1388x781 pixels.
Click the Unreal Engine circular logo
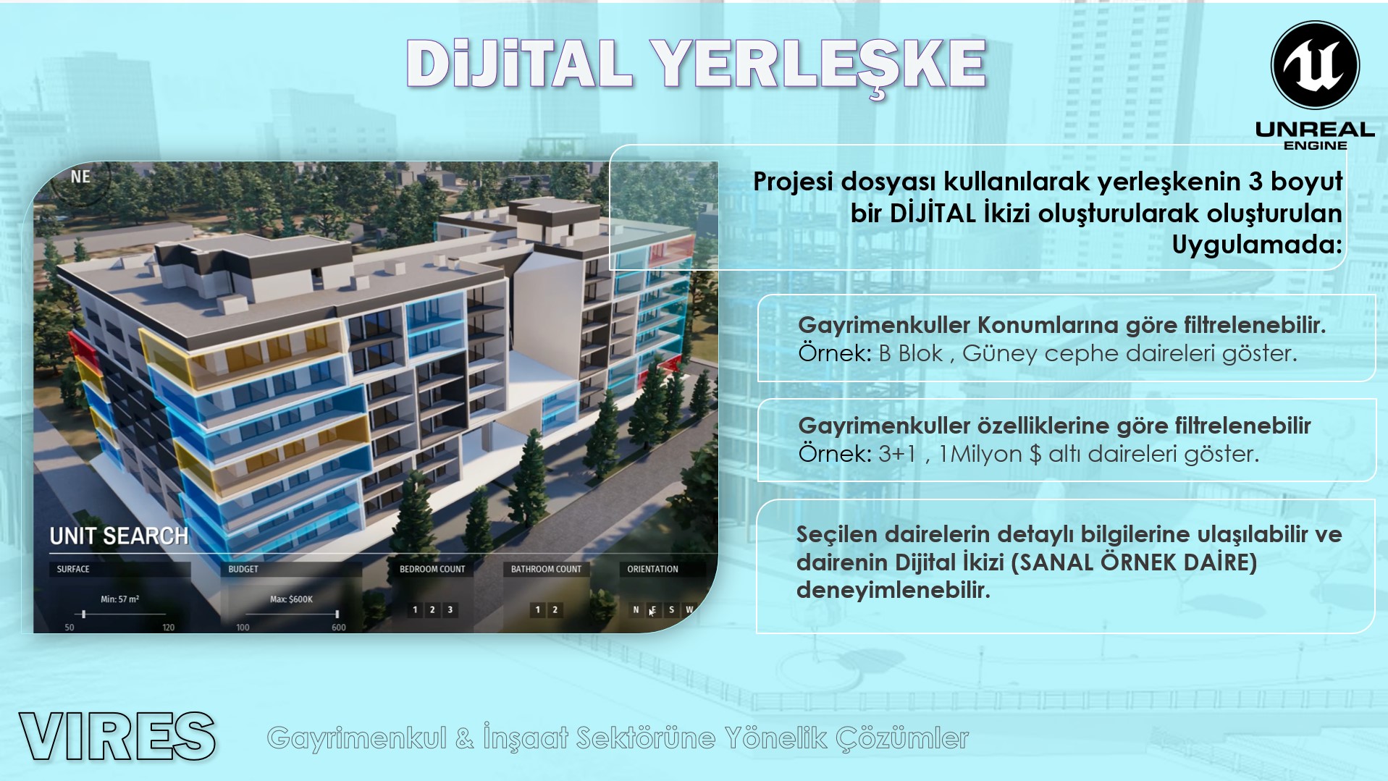pyautogui.click(x=1315, y=64)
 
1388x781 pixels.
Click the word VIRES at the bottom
pyautogui.click(x=117, y=736)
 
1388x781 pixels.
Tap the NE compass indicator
pyautogui.click(x=81, y=177)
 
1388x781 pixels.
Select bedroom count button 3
pyautogui.click(x=450, y=609)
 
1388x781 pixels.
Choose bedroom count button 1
pyautogui.click(x=415, y=609)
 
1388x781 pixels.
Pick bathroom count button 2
pyautogui.click(x=555, y=609)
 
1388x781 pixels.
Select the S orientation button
pyautogui.click(x=671, y=609)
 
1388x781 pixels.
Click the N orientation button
pyautogui.click(x=636, y=609)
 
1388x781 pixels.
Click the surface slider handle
pyautogui.click(x=85, y=615)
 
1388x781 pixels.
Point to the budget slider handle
pyautogui.click(x=337, y=615)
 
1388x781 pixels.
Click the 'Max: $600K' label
pyautogui.click(x=291, y=599)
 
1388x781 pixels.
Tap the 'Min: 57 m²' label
pyautogui.click(x=120, y=599)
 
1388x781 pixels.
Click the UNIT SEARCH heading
pyautogui.click(x=119, y=536)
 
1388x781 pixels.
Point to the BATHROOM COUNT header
pyautogui.click(x=546, y=569)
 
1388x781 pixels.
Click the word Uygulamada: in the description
pyautogui.click(x=1257, y=245)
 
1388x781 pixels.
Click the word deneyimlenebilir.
pyautogui.click(x=893, y=591)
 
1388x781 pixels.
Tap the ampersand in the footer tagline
pyautogui.click(x=467, y=738)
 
